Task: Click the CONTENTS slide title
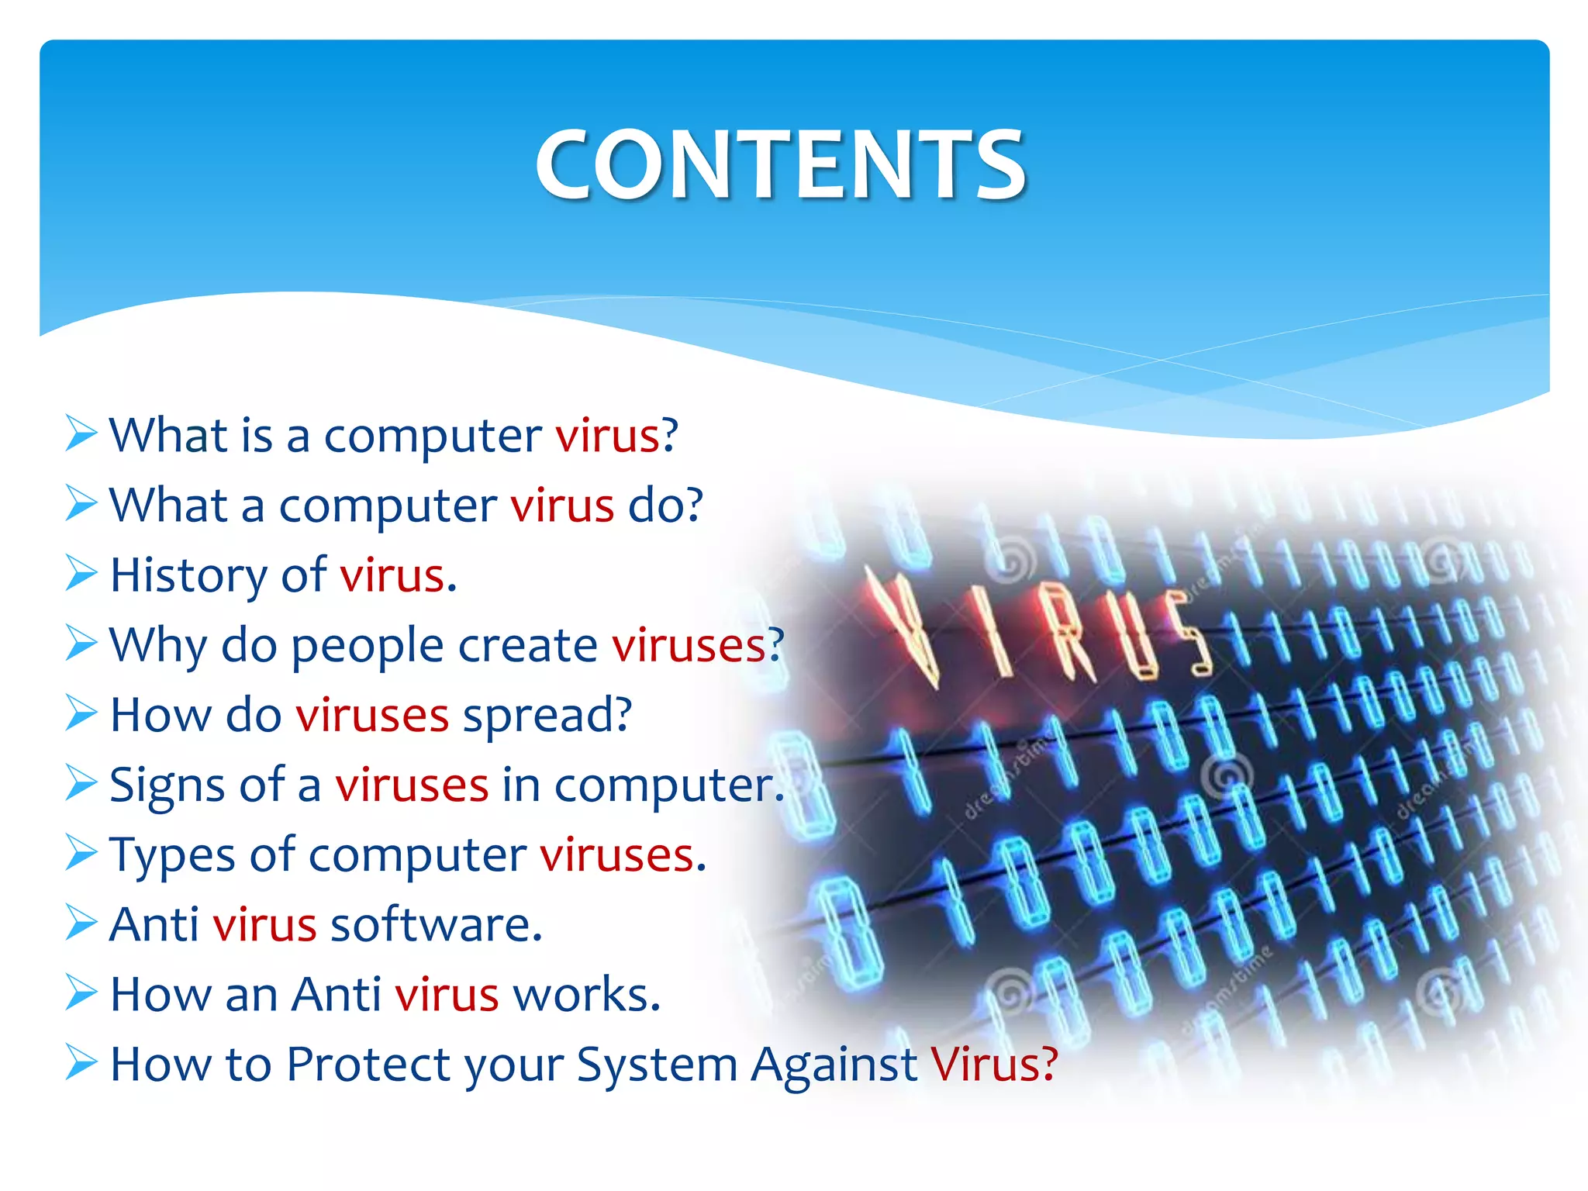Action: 781,164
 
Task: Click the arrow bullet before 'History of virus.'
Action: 81,574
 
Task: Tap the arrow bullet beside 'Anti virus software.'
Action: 81,923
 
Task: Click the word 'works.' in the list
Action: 586,994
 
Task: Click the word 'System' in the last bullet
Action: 656,1065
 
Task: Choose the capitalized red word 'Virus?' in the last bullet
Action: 994,1064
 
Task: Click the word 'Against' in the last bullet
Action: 834,1065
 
